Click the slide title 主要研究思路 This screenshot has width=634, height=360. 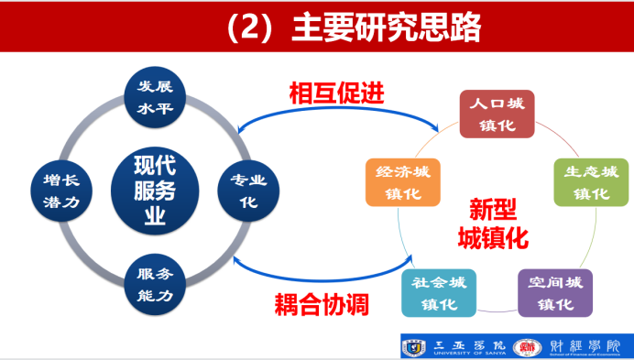(386, 27)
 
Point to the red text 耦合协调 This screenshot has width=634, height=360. (322, 303)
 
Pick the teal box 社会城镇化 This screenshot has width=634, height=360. (438, 293)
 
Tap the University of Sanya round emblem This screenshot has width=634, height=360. (414, 346)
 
